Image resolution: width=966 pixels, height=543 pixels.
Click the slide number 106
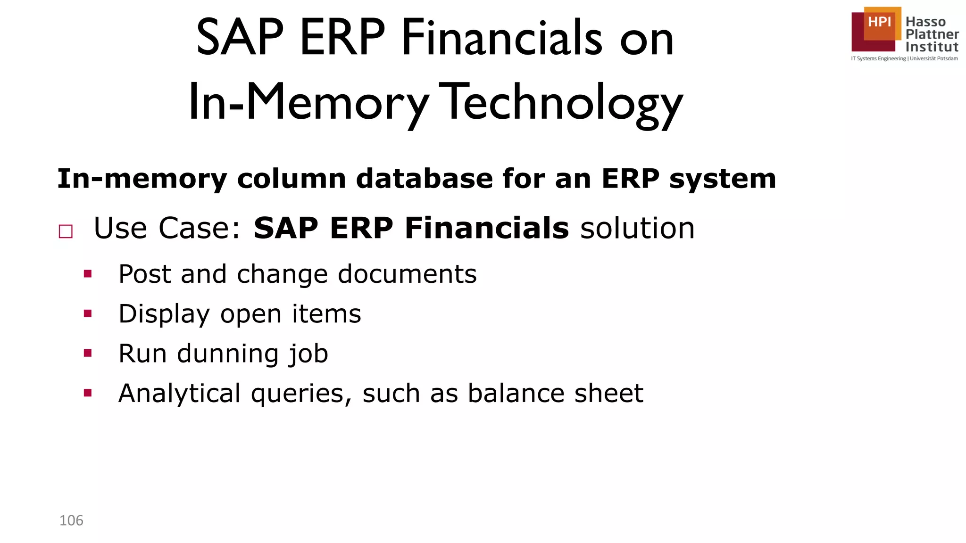tap(71, 520)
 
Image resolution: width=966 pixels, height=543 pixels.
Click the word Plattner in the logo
tap(932, 34)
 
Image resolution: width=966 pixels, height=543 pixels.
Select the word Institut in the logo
tap(932, 47)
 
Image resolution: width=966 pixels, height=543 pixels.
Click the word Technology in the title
tap(563, 103)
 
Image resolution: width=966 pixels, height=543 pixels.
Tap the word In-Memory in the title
tap(308, 103)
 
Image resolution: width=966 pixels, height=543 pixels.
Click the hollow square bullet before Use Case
tap(66, 231)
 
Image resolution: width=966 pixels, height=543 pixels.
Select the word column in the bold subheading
tap(291, 179)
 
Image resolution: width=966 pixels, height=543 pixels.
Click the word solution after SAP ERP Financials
tap(637, 228)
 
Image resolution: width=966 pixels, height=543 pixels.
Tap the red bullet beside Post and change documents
tap(88, 274)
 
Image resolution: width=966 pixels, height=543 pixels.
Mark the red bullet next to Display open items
tap(88, 313)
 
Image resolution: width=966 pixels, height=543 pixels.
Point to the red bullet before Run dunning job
tap(88, 353)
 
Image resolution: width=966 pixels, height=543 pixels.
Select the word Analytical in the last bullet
tap(179, 394)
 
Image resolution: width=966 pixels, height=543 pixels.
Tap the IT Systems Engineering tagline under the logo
tap(904, 59)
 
